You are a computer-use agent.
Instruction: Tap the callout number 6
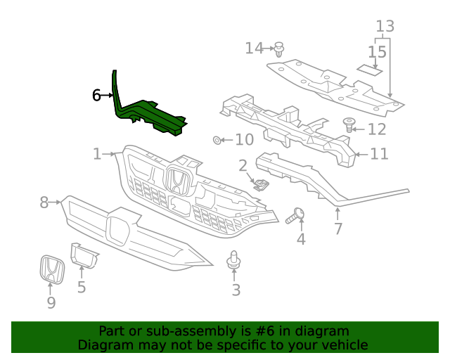coord(96,95)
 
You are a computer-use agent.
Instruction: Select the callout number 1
coord(97,153)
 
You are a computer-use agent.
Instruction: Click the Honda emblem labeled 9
coord(51,270)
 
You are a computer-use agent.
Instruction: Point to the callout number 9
coord(51,303)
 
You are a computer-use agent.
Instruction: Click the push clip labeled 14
coord(280,49)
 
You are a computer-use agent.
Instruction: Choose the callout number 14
coord(254,48)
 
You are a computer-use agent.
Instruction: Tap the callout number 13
coord(385,27)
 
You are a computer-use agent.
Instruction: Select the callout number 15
coord(377,52)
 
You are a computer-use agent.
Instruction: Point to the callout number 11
coord(379,153)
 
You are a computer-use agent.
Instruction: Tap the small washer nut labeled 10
coord(217,140)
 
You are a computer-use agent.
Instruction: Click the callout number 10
coord(244,140)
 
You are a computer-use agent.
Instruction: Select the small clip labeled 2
coord(261,185)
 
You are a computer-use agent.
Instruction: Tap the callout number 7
coord(337,229)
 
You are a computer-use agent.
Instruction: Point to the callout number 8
coord(44,202)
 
